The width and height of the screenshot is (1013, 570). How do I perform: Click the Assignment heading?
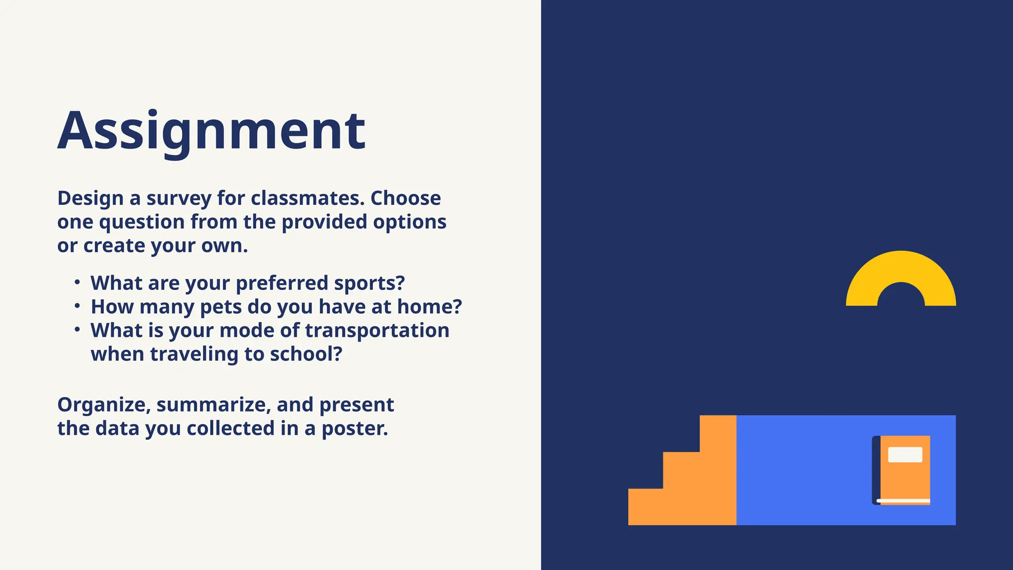click(x=211, y=131)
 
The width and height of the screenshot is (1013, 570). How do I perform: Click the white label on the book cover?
click(x=905, y=455)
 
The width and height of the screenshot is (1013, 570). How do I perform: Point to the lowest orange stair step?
click(x=645, y=507)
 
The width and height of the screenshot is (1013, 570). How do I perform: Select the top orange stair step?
click(x=718, y=433)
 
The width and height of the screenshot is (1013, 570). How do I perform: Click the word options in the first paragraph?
click(x=410, y=223)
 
